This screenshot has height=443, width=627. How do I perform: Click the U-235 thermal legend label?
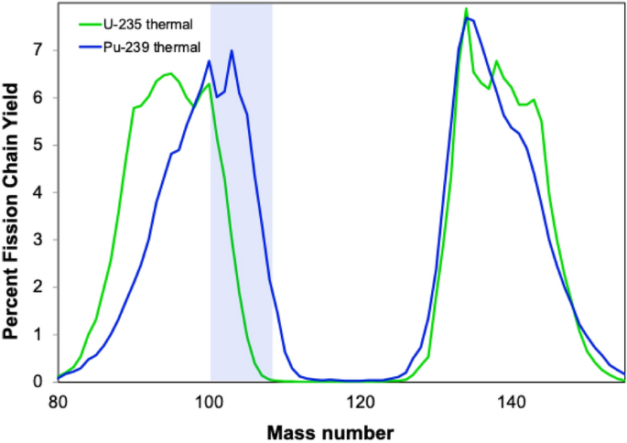coord(148,25)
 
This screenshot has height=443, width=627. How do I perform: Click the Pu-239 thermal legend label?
coord(152,48)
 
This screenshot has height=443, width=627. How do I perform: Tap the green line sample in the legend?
coord(91,25)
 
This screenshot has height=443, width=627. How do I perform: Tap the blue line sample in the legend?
coord(91,48)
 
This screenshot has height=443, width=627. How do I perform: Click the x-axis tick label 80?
coord(58,403)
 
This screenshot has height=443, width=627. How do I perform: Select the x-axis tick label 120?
coord(361,403)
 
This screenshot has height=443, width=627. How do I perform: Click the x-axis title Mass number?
coord(330,433)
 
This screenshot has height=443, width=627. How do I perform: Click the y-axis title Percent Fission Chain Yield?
coord(11,211)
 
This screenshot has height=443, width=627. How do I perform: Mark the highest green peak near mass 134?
coord(466,8)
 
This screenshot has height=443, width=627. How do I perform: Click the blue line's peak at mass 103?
coord(232,50)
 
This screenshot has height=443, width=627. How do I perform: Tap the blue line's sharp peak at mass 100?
coord(209,60)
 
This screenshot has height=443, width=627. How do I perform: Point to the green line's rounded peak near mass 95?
coord(171,73)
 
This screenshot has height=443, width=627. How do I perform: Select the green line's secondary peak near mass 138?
coord(496,60)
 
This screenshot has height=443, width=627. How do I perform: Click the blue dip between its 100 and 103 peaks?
coord(217,97)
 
